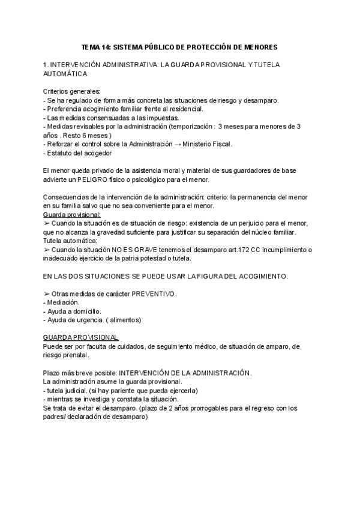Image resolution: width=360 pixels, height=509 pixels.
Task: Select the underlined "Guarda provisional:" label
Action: tap(72, 214)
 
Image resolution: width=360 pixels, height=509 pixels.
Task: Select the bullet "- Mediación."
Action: tap(62, 303)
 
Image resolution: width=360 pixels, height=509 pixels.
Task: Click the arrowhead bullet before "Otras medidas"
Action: tap(47, 294)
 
